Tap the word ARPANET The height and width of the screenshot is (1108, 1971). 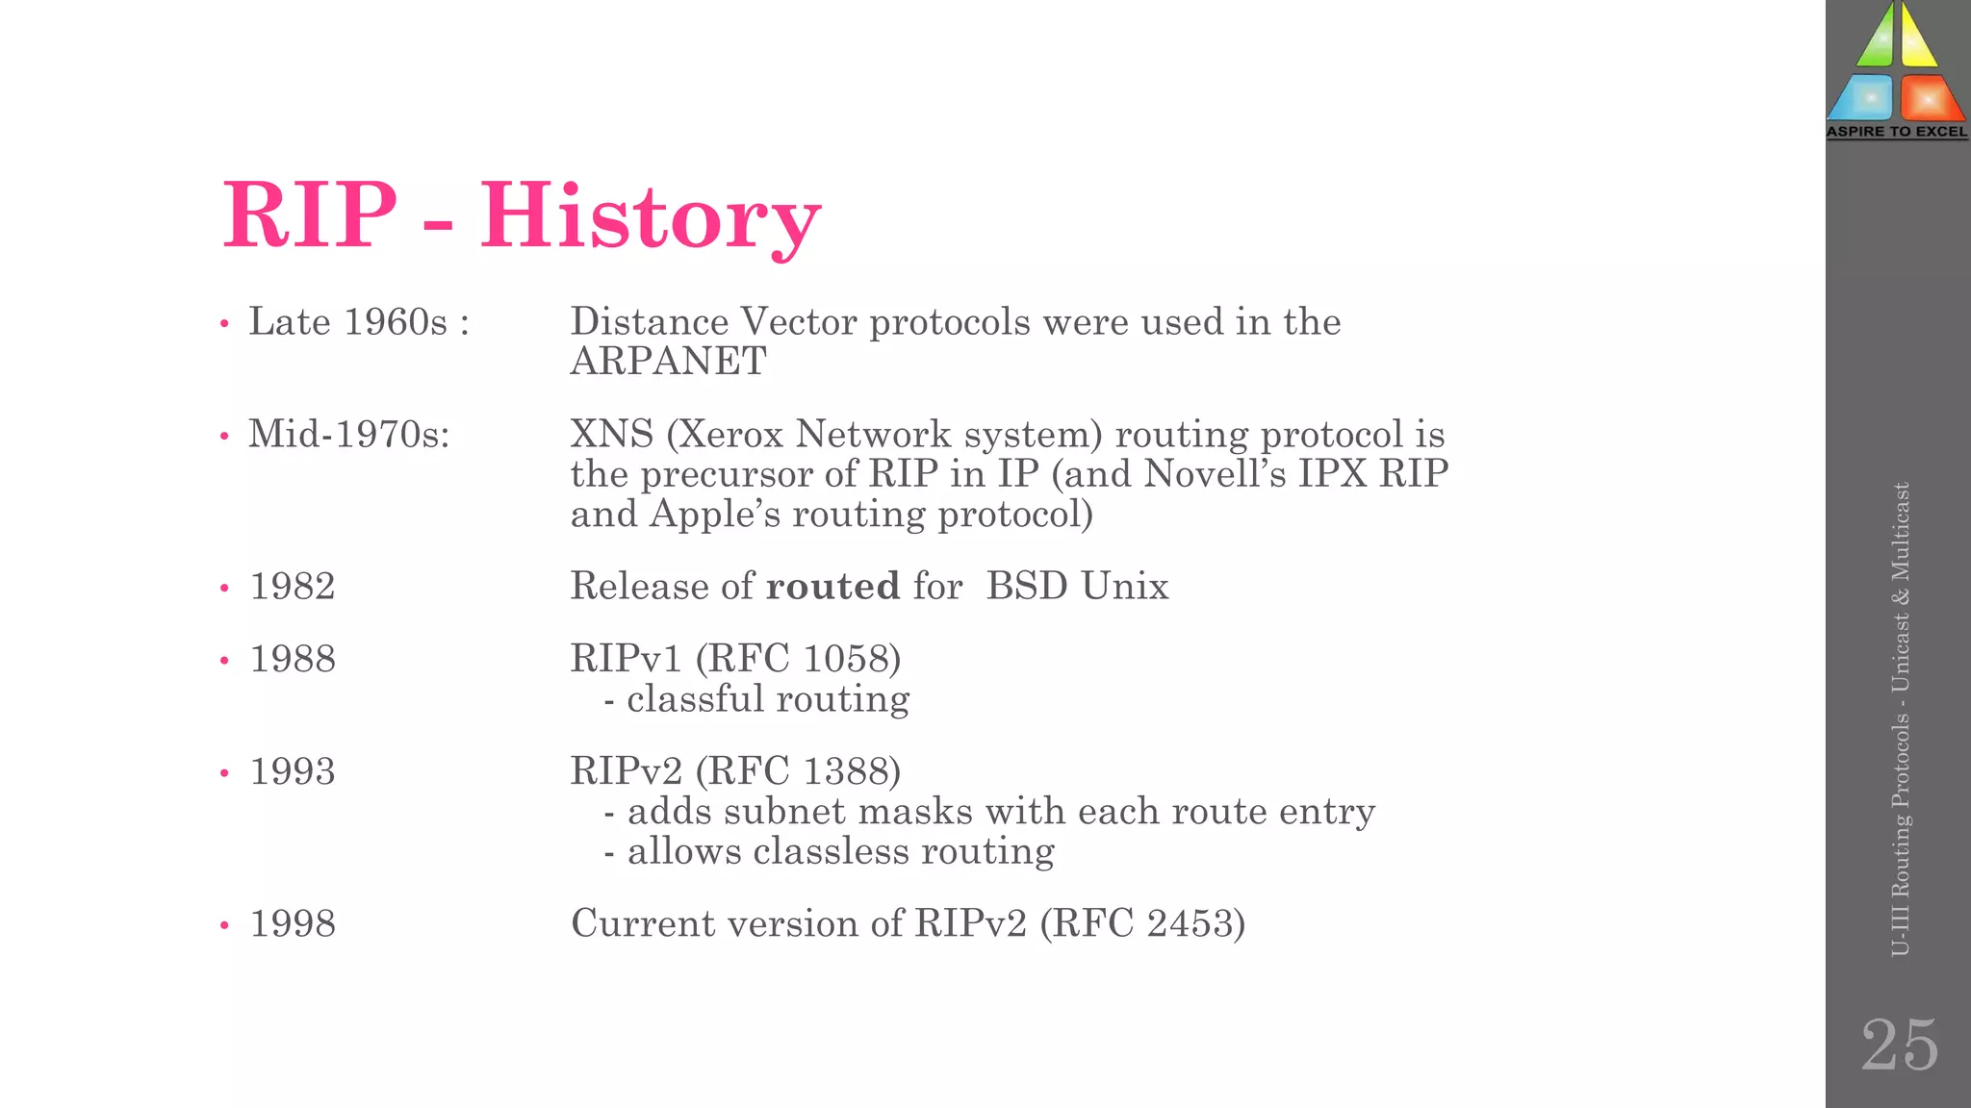[669, 362]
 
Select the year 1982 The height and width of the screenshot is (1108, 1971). [293, 586]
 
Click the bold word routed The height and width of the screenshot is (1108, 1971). [832, 586]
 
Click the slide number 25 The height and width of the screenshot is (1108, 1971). [1899, 1045]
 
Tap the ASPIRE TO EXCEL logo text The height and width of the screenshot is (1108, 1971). [1897, 132]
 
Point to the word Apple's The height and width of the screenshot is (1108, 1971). [714, 514]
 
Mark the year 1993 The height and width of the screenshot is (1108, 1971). [293, 771]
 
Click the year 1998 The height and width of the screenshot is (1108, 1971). [293, 923]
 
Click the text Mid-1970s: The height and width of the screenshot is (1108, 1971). [349, 434]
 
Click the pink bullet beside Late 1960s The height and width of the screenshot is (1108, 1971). [224, 324]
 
